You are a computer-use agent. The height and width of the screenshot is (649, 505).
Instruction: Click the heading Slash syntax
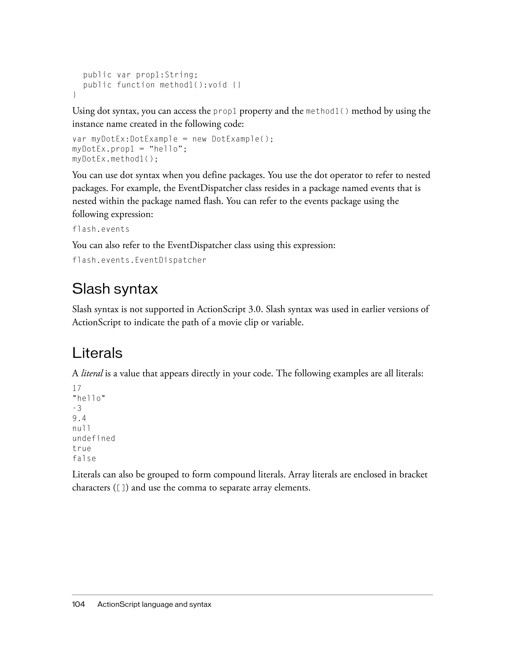coord(115,289)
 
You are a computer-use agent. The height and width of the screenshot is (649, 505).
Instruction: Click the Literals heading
coord(97,353)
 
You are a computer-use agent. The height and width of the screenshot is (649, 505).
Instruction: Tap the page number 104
coord(78,604)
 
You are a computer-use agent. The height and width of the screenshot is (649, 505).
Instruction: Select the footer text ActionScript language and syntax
coord(154,604)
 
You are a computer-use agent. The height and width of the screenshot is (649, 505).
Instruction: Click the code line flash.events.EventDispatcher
coord(139,260)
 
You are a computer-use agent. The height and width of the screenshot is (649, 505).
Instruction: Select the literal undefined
coord(94,438)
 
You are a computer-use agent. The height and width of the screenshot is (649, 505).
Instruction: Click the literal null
coord(81,428)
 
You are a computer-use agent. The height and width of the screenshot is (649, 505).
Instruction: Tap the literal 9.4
coord(79,418)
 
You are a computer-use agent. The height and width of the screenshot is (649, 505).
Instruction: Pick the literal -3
coord(77,408)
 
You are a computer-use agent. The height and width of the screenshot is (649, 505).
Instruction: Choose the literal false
coord(84,458)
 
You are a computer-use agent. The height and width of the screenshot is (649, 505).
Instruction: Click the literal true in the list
coord(82,448)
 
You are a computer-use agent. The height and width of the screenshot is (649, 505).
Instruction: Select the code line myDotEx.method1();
coord(115,159)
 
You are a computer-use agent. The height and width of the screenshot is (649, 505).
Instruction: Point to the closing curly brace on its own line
coord(74,95)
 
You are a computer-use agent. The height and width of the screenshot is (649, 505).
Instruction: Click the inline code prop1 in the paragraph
coord(225,111)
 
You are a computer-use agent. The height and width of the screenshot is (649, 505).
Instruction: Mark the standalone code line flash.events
coord(101,229)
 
